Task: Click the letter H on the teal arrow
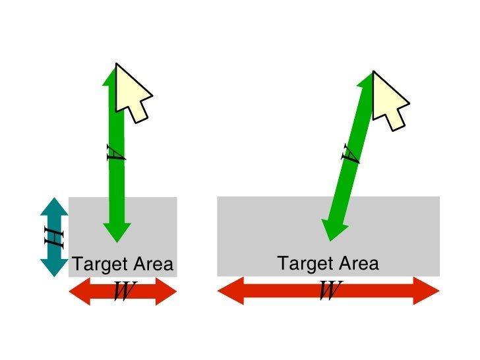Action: pyautogui.click(x=54, y=237)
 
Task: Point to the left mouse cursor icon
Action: pyautogui.click(x=131, y=92)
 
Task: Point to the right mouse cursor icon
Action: pyautogui.click(x=388, y=96)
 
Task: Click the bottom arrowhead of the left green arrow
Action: pyautogui.click(x=117, y=230)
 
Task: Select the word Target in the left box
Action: pyautogui.click(x=95, y=265)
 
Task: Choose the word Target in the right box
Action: pyautogui.click(x=301, y=264)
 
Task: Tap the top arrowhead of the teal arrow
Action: pyautogui.click(x=54, y=206)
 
